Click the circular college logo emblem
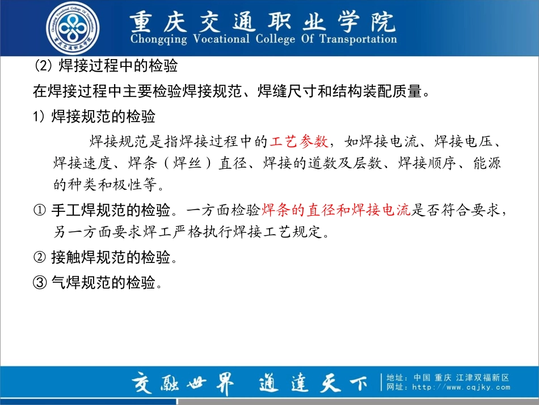point(72,28)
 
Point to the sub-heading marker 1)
point(39,117)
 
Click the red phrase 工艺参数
point(299,141)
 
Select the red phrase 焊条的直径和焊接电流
point(335,210)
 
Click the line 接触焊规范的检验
point(111,257)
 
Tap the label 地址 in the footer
point(396,377)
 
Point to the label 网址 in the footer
point(396,387)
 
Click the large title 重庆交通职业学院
point(262,22)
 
